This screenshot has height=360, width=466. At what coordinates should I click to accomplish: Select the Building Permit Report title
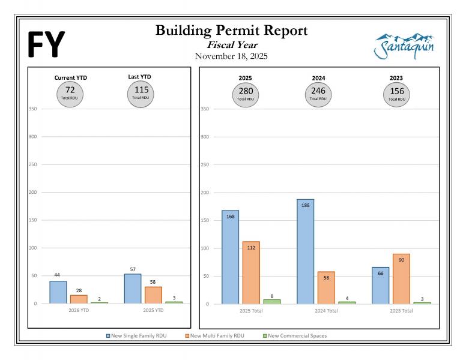[231, 31]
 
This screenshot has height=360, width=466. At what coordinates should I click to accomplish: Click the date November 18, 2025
[231, 56]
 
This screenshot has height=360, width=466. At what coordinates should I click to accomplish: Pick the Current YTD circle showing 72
[70, 93]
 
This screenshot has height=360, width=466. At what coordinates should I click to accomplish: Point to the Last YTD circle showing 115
[141, 93]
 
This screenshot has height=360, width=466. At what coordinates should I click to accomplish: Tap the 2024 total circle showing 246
[318, 94]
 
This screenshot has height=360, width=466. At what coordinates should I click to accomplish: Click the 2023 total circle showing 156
[396, 94]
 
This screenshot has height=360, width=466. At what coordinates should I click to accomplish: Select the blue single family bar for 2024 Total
[305, 251]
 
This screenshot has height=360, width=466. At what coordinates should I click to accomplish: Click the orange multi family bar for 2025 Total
[251, 272]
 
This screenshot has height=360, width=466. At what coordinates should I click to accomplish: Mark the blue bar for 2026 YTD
[58, 292]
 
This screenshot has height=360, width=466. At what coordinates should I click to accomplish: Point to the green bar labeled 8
[272, 301]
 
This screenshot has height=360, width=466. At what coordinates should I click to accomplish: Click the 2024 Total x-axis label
[325, 311]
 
